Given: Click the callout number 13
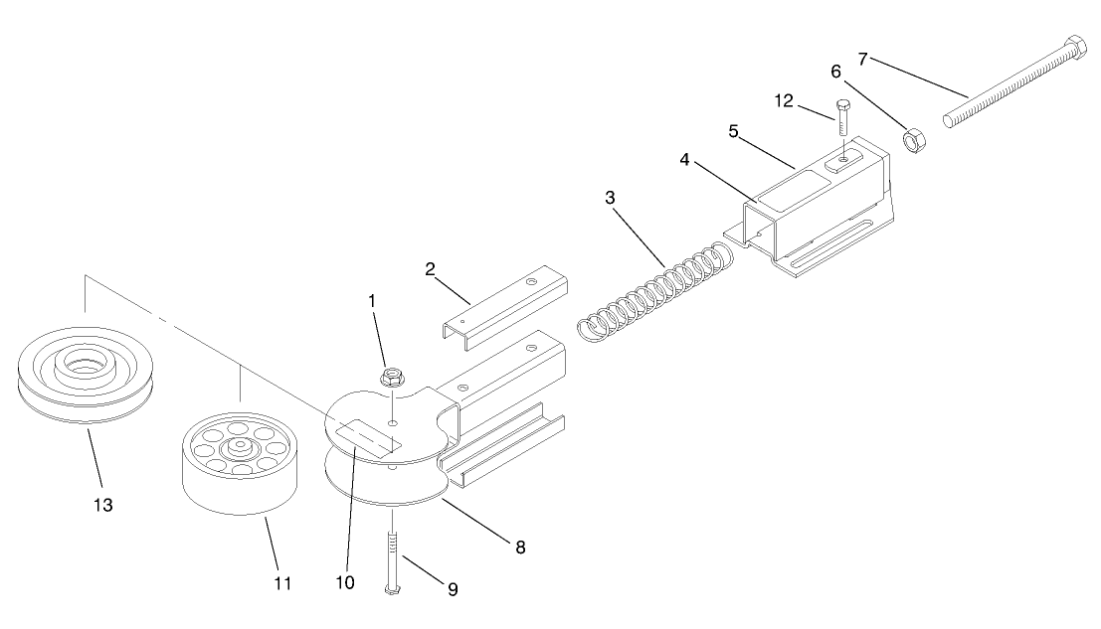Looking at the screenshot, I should [103, 505].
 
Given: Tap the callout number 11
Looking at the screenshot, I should [282, 582].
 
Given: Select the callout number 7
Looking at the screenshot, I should [863, 59].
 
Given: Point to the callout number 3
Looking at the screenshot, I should [610, 197].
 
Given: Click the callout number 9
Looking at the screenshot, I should [453, 588].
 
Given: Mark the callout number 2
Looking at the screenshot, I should [430, 268].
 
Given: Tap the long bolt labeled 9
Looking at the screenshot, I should [392, 556].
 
